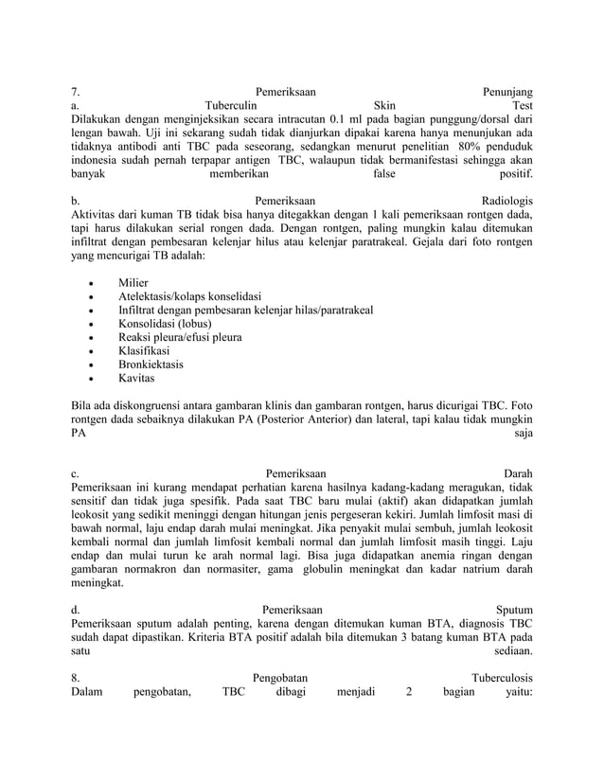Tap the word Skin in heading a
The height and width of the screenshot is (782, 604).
(x=385, y=106)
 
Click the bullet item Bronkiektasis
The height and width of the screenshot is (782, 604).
(x=151, y=364)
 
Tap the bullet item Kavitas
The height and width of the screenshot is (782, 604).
(x=136, y=378)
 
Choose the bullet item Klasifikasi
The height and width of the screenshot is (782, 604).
(x=147, y=350)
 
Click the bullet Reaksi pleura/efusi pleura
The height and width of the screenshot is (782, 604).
(x=179, y=337)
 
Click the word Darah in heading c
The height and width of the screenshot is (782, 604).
(x=517, y=472)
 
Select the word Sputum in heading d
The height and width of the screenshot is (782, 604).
(x=513, y=609)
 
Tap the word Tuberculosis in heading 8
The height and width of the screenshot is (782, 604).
(x=502, y=678)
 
